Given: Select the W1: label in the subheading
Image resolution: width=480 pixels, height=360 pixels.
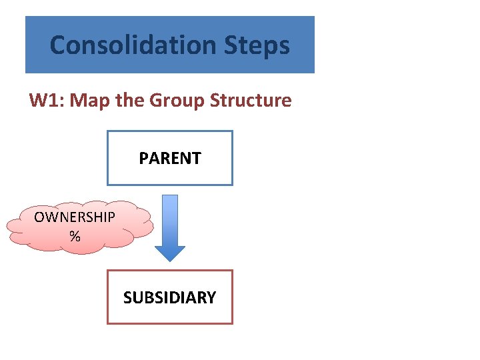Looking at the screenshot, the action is click(47, 101).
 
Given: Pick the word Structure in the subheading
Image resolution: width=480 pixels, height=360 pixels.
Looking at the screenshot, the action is click(251, 101).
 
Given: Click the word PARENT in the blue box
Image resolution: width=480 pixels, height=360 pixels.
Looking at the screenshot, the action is click(170, 158).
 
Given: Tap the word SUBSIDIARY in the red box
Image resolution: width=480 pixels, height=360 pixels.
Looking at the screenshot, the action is click(170, 297).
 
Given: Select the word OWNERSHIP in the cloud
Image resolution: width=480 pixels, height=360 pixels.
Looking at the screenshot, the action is click(75, 217).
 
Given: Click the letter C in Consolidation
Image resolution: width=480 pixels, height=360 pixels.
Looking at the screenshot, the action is click(57, 45).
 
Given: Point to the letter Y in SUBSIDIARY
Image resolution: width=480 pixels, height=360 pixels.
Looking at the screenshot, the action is click(211, 297).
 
